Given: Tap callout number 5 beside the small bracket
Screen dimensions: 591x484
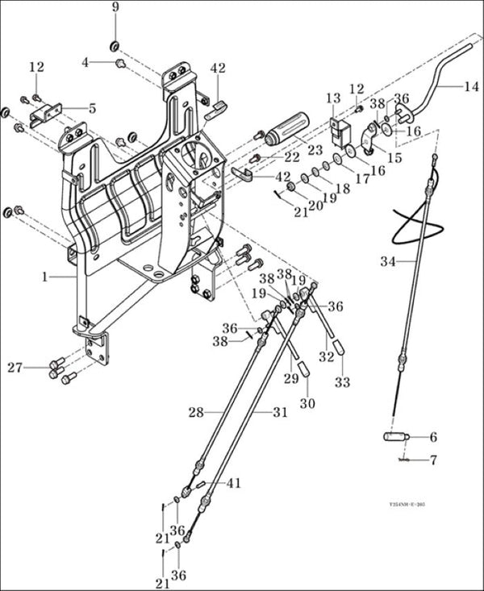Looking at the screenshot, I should (92, 107).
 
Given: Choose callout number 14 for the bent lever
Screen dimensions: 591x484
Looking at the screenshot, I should (470, 85).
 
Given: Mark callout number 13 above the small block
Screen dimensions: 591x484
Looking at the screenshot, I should (333, 98).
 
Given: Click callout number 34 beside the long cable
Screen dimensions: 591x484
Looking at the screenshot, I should (388, 260).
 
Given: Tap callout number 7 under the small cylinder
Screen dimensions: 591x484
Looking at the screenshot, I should (432, 460).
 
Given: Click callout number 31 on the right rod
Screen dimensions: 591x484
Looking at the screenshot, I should (279, 412).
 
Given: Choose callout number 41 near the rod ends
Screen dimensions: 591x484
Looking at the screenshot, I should (234, 483).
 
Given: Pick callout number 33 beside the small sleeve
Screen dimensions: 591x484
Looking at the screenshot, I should (343, 383).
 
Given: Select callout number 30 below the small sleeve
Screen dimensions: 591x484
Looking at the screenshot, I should (307, 403).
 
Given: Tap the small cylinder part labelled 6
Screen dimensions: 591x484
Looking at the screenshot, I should (396, 438).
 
